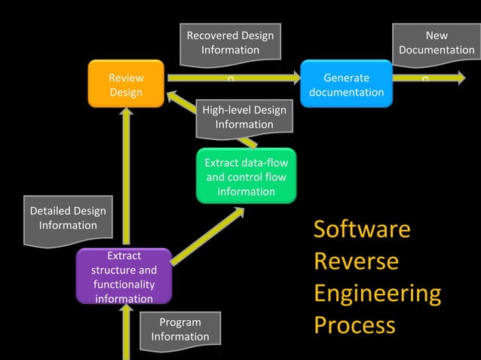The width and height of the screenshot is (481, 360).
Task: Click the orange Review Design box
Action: click(126, 84)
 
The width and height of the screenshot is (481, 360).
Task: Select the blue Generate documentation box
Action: click(346, 84)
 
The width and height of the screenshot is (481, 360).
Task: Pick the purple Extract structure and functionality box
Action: click(124, 277)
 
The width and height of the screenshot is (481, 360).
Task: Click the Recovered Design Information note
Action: click(230, 43)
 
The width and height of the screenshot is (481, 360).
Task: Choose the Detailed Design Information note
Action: click(68, 218)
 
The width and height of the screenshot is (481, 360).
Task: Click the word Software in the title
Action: click(362, 229)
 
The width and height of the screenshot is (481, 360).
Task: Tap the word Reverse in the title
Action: click(356, 261)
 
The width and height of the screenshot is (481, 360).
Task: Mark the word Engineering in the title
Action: click(377, 293)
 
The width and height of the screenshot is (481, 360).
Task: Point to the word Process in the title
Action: click(354, 325)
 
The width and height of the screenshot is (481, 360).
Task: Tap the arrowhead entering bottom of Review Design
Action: click(126, 114)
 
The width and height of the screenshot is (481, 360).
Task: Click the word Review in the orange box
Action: click(126, 78)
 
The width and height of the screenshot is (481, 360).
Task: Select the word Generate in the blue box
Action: click(346, 78)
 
